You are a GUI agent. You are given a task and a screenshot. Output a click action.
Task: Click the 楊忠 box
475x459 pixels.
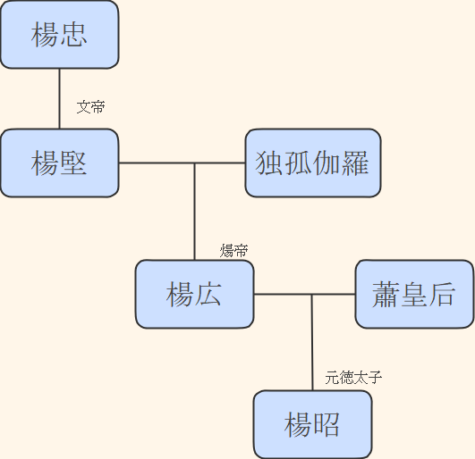[59, 35]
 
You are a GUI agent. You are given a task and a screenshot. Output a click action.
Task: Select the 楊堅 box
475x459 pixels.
[59, 163]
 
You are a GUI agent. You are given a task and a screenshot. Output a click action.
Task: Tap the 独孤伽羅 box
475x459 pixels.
[312, 163]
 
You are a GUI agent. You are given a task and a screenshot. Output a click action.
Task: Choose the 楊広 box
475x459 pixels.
[194, 294]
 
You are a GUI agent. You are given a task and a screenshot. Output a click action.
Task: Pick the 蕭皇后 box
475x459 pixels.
[414, 294]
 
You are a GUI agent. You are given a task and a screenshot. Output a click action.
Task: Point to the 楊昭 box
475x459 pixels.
[312, 424]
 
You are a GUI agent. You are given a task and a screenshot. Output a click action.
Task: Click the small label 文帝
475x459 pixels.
[90, 107]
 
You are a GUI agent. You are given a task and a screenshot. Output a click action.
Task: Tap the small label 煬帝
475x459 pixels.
[233, 251]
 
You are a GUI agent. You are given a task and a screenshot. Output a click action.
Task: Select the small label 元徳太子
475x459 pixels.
[353, 378]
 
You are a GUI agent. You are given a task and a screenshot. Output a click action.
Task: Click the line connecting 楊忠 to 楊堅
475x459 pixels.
[59, 98]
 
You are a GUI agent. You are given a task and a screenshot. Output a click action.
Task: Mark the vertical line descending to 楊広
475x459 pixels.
[194, 214]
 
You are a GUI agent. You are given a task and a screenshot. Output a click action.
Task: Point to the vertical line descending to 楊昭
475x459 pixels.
[312, 344]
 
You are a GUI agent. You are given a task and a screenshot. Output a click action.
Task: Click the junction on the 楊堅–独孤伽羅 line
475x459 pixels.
[194, 163]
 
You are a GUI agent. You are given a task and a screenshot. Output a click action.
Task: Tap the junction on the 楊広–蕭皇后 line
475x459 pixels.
[312, 294]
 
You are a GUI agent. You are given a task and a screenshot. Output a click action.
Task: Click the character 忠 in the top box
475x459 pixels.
[73, 35]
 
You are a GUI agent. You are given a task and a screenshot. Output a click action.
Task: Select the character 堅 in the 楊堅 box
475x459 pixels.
[73, 163]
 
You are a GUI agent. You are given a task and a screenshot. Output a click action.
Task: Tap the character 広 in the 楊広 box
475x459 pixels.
[208, 294]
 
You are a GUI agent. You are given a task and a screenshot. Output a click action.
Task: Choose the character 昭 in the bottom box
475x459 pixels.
[327, 424]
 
